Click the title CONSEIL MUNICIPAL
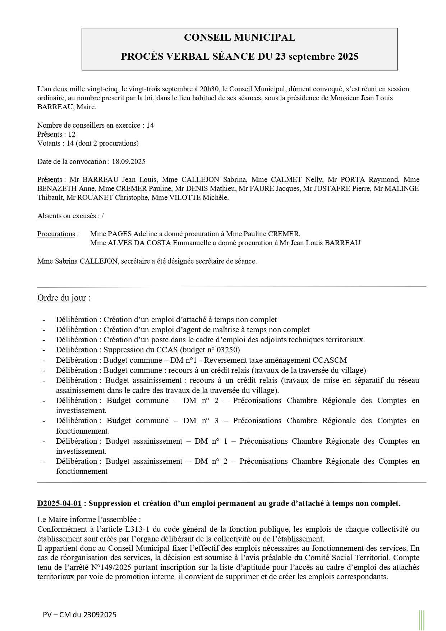click(x=239, y=37)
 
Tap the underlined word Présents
click(x=50, y=179)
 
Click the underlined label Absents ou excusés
click(x=66, y=216)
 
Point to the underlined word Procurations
click(x=56, y=234)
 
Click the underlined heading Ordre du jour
click(x=61, y=298)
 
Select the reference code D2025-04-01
click(x=59, y=503)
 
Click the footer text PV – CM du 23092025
click(x=80, y=614)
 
